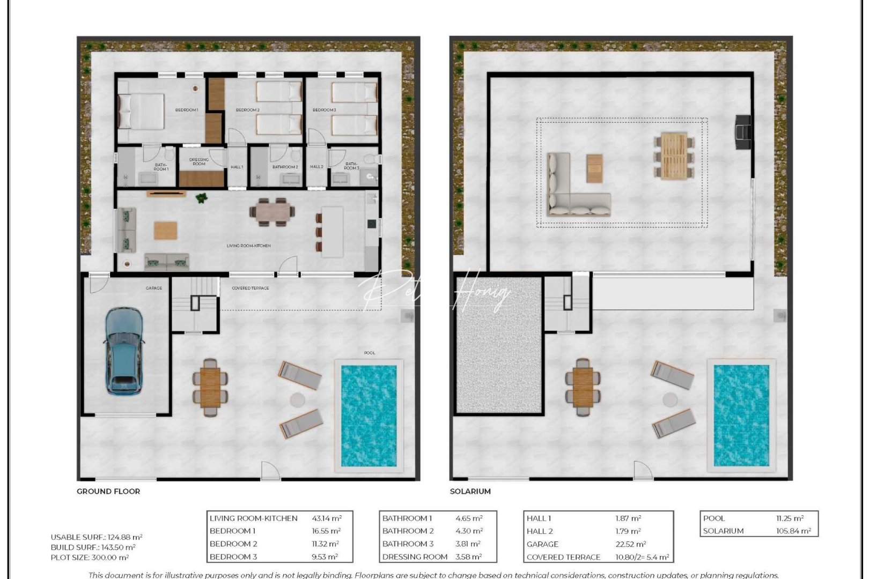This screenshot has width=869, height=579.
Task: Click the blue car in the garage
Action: [124, 351]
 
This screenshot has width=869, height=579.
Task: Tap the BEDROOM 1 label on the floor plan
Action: [187, 110]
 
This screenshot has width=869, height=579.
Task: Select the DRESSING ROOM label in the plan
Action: [199, 161]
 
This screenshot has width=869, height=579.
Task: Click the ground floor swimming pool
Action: [369, 415]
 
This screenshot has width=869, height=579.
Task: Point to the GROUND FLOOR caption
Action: [108, 491]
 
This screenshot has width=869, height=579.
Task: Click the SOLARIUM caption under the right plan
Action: [470, 491]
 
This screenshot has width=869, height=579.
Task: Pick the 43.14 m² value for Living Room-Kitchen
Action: [327, 518]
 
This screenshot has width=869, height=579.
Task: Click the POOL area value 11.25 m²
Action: [790, 518]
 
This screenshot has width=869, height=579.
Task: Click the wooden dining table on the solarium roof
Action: [674, 155]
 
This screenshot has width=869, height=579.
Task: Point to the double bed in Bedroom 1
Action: [141, 112]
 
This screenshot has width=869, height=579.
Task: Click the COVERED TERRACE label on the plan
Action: [251, 288]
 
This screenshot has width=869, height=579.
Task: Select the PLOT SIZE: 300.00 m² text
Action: [90, 558]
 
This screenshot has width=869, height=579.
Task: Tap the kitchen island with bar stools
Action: [333, 232]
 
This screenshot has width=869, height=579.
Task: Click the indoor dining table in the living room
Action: [272, 212]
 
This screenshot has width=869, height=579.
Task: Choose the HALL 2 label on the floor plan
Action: [316, 167]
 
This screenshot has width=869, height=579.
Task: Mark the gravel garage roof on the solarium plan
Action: [498, 345]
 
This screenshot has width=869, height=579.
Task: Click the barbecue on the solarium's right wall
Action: [744, 132]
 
